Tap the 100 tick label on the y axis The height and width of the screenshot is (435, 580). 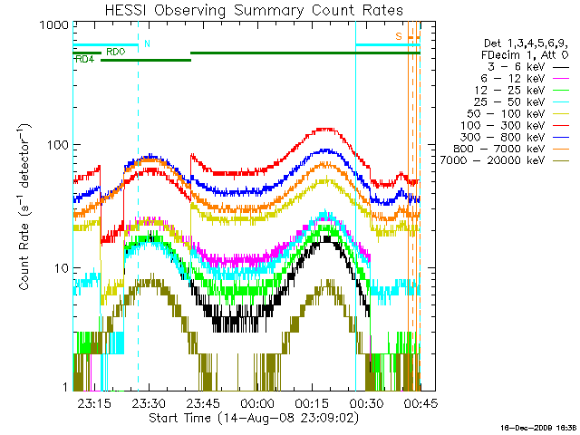tap(53, 145)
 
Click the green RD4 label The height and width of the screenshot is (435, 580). tap(84, 59)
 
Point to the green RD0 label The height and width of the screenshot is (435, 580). tap(115, 53)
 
